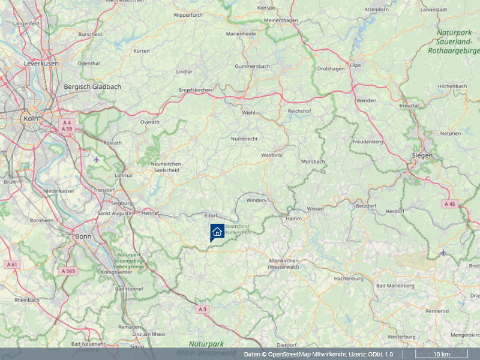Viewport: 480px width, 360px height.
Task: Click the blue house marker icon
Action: pyautogui.click(x=217, y=232)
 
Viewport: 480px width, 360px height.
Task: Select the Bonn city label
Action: pyautogui.click(x=82, y=236)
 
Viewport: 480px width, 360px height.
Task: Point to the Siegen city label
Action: pyautogui.click(x=422, y=155)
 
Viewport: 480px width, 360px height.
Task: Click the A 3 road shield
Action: pyautogui.click(x=203, y=309)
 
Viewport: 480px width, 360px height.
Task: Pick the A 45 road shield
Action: pyautogui.click(x=449, y=204)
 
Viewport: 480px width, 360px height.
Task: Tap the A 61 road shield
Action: pyautogui.click(x=11, y=264)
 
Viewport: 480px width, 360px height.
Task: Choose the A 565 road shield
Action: pyautogui.click(x=68, y=271)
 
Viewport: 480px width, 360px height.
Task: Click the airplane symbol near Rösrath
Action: pyautogui.click(x=97, y=159)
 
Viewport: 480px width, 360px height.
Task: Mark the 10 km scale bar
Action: pyautogui.click(x=442, y=355)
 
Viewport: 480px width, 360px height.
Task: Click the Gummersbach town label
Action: pyautogui.click(x=253, y=66)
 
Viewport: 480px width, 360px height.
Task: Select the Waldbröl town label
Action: pyautogui.click(x=272, y=155)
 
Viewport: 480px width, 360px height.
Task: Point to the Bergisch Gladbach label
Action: pyautogui.click(x=92, y=86)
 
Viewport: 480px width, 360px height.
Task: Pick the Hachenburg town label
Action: pyautogui.click(x=349, y=279)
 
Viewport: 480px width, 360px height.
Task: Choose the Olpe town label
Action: pyautogui.click(x=355, y=65)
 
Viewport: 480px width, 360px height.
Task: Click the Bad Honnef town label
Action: pyautogui.click(x=127, y=289)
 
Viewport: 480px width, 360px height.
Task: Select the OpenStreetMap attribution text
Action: pyautogui.click(x=318, y=355)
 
